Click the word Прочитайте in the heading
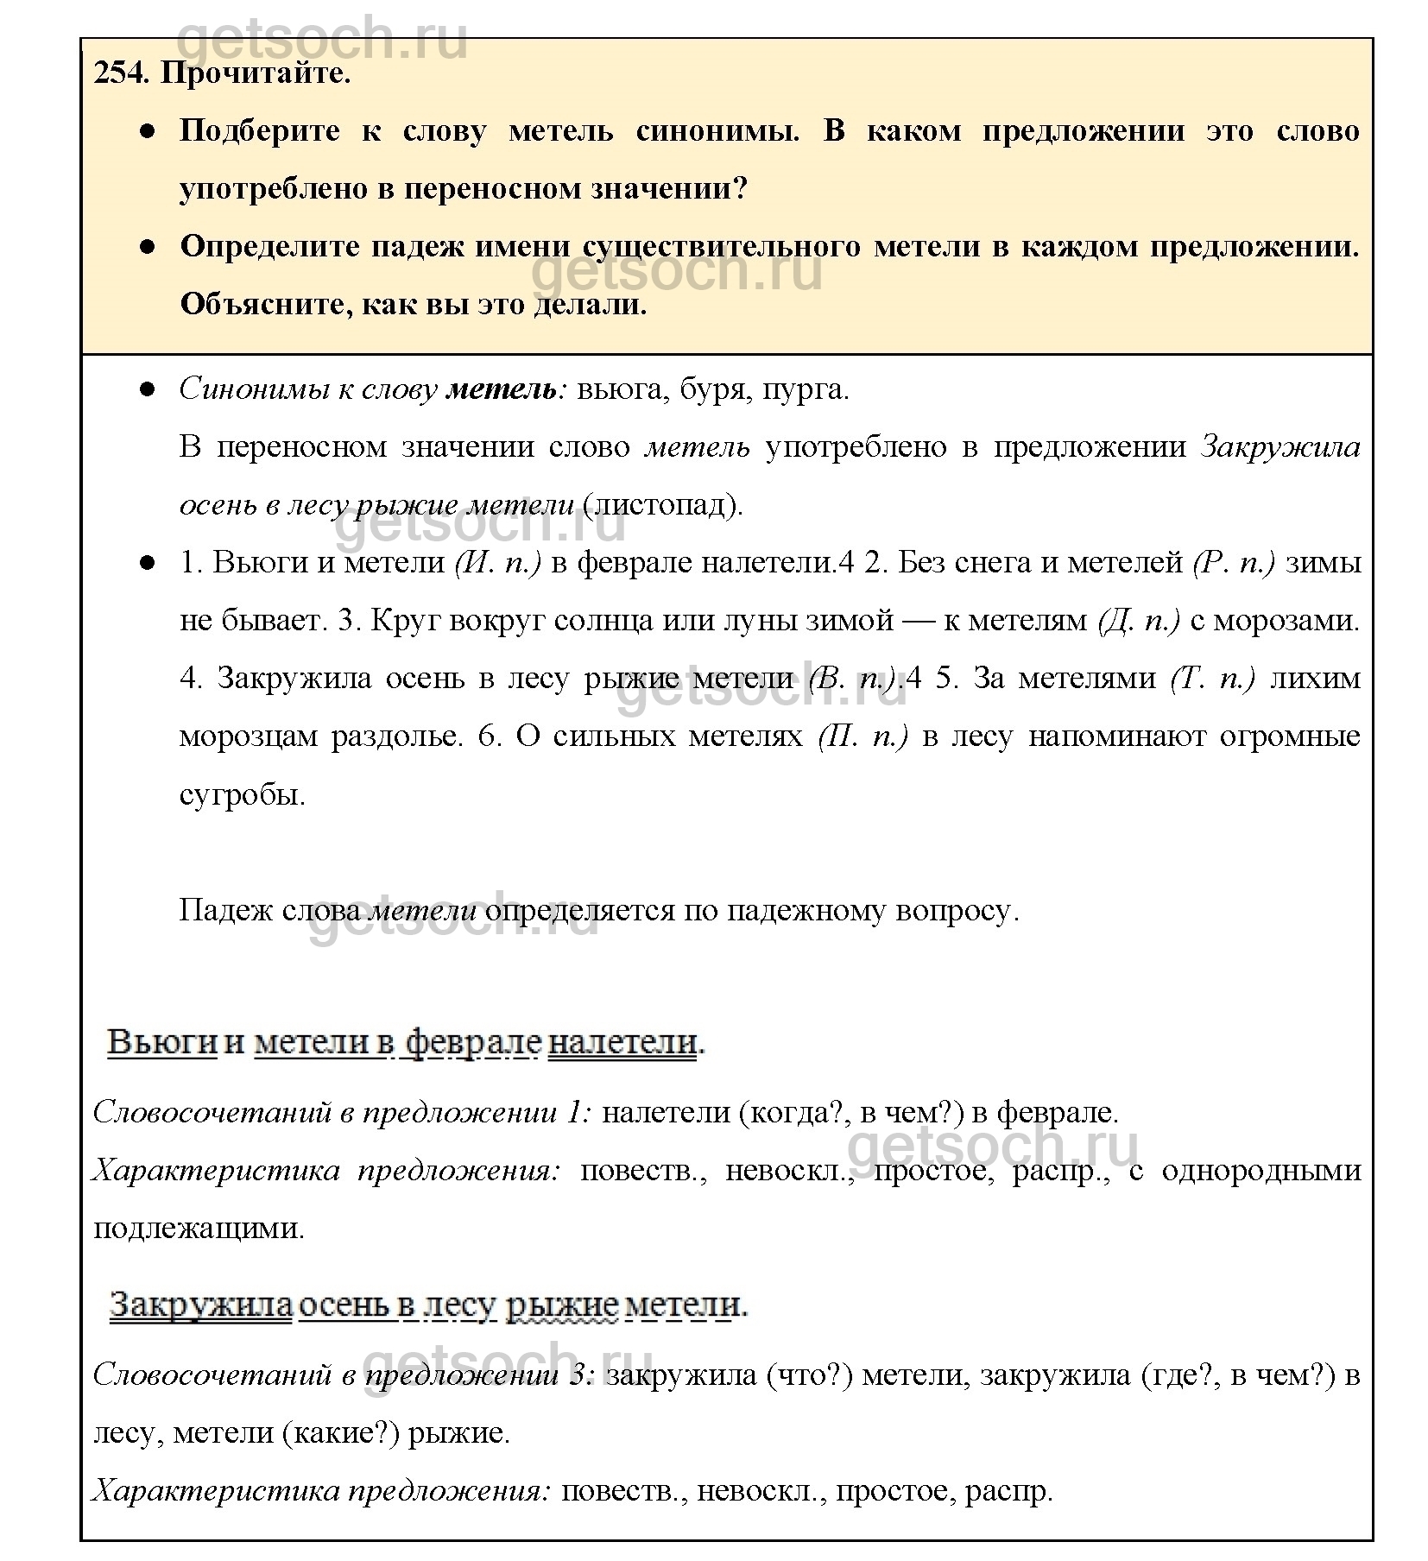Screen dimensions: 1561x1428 coord(256,73)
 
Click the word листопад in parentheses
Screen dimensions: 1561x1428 coord(662,505)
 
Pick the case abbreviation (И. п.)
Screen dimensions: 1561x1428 coord(496,563)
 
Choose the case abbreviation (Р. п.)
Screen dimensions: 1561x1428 coord(1233,563)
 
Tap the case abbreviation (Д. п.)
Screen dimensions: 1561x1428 coord(1139,621)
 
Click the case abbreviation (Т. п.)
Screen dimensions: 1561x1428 coord(1212,679)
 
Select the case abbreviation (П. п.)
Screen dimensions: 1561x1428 coord(862,736)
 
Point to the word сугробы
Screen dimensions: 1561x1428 coord(243,794)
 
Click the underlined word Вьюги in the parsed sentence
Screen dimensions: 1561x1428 coord(161,1042)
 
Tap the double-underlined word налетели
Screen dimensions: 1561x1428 coord(622,1042)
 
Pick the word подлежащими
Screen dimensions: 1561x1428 coord(199,1229)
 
